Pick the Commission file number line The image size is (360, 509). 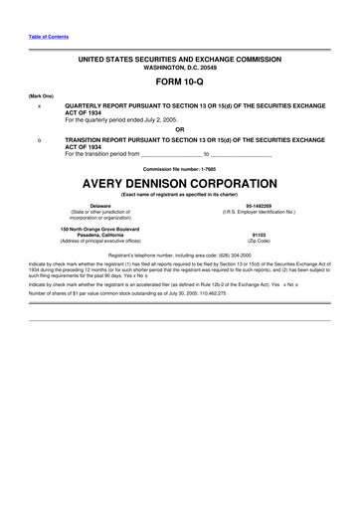coord(180,166)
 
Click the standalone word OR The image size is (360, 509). coord(180,128)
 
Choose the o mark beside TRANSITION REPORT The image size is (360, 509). coord(39,140)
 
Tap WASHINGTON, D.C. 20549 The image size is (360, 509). coord(180,68)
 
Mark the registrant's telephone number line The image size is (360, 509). coord(180,255)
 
